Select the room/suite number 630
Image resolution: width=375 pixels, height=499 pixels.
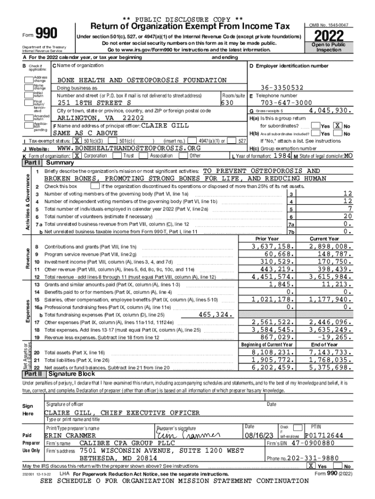227,103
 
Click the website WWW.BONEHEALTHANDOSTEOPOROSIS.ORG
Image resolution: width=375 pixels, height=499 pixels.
129,148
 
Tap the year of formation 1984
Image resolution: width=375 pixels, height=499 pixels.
282,155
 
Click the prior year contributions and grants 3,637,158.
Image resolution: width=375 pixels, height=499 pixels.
273,247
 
